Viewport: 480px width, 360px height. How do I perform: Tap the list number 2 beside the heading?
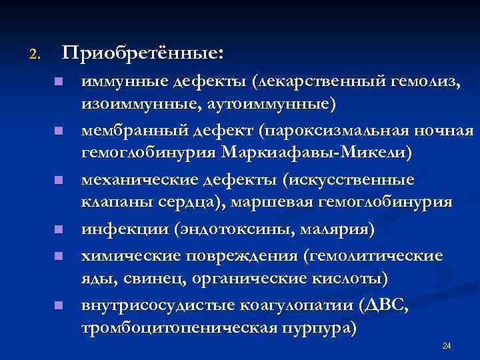click(x=35, y=53)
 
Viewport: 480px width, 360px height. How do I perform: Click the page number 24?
click(x=447, y=345)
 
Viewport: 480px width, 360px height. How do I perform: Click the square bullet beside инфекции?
click(x=58, y=230)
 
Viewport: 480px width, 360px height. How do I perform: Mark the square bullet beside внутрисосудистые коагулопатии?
click(x=58, y=306)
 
